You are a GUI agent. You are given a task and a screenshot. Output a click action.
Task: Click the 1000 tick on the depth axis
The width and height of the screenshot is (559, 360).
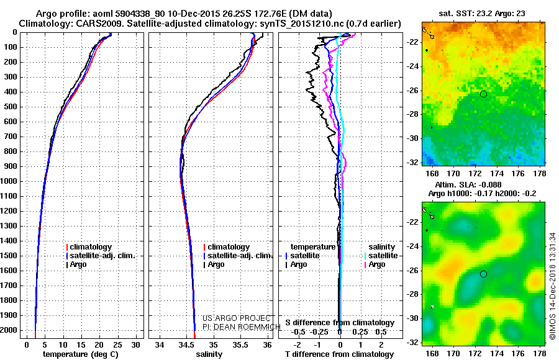(9, 181)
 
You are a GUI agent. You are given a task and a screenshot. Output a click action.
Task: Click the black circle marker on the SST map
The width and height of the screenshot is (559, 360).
(483, 94)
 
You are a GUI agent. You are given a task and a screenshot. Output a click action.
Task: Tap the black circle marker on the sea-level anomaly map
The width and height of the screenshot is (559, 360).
(483, 274)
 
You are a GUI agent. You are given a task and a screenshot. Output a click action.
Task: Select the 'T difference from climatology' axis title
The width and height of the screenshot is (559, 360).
(339, 354)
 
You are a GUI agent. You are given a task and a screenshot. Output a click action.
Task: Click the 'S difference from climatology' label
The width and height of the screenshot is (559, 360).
(339, 323)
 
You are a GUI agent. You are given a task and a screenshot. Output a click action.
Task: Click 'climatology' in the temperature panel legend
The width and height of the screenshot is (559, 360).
(93, 247)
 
